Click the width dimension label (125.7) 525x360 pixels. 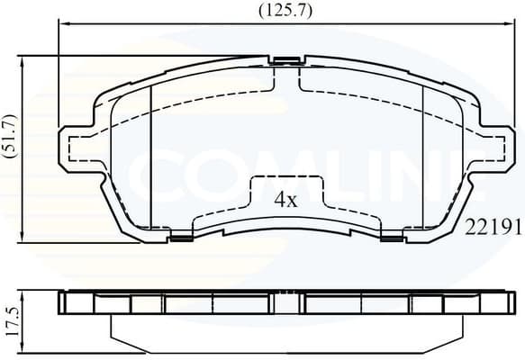click(x=285, y=11)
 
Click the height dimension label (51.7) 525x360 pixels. click(x=10, y=136)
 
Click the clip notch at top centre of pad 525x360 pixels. click(x=286, y=61)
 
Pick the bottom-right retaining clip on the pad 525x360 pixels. click(x=392, y=238)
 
